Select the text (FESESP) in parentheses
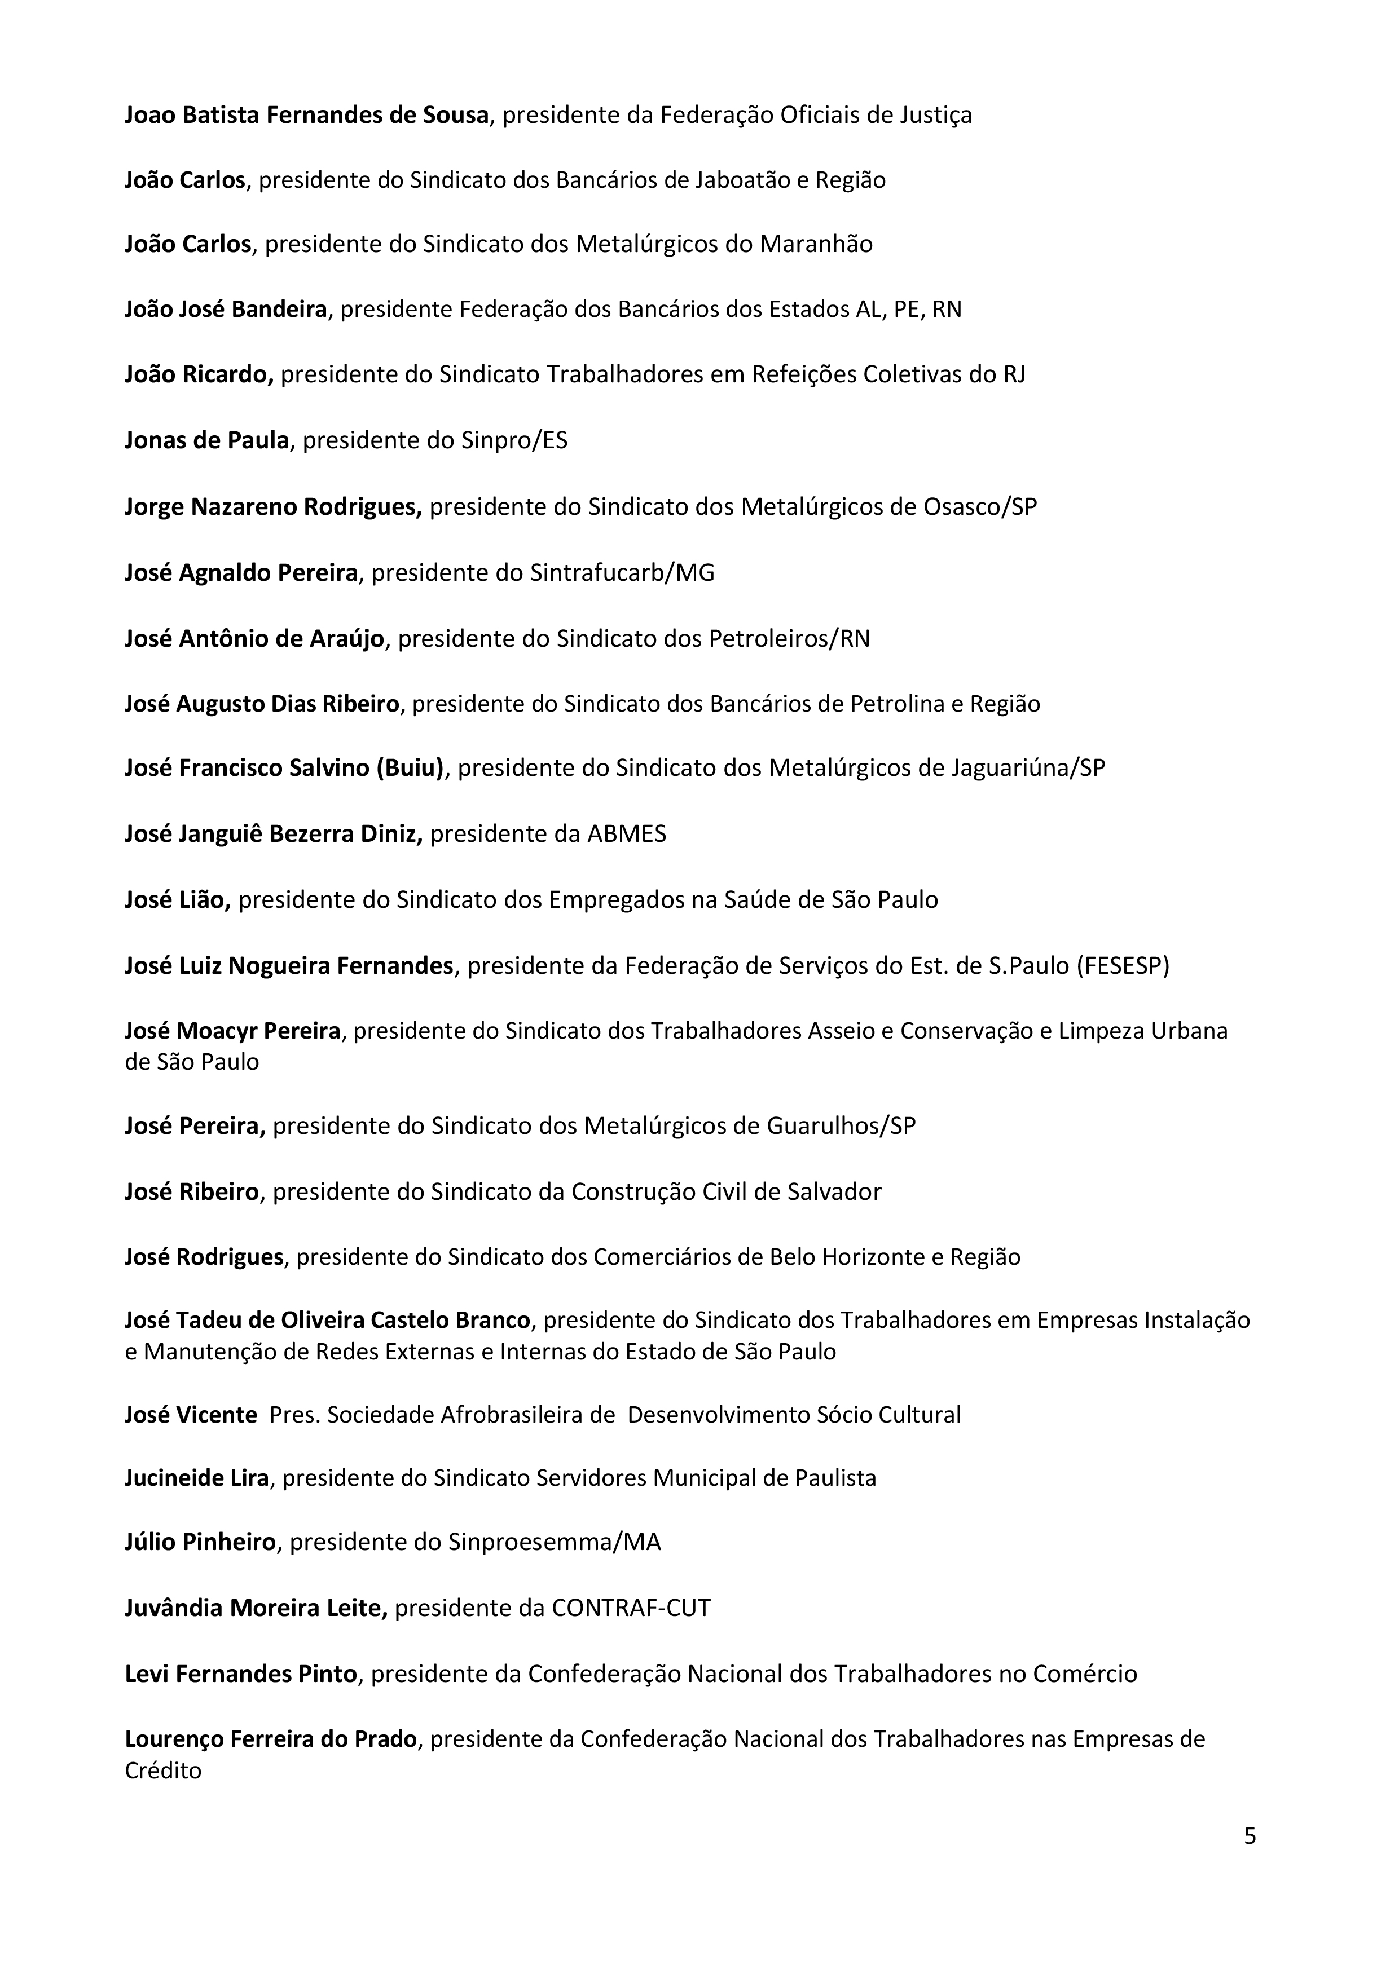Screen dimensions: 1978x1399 pos(1123,966)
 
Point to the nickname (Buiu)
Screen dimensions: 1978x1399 pos(410,767)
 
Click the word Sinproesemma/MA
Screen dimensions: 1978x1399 pos(555,1541)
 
